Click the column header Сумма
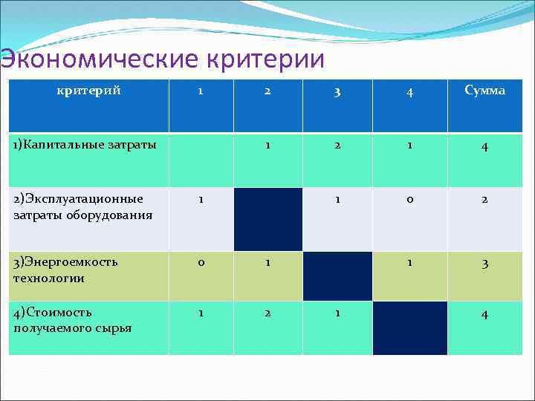point(484,91)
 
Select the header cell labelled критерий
point(89,91)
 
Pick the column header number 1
point(200,91)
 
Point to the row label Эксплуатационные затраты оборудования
point(82,207)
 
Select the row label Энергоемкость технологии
point(65,270)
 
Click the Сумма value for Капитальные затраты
point(484,147)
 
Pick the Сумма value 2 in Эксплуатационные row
point(484,200)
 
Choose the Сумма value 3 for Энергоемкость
point(484,264)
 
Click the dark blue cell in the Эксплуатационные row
point(268,219)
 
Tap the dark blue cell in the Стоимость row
point(410,327)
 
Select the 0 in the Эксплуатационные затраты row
point(410,200)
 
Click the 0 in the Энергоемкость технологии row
point(200,262)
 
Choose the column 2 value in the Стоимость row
point(268,313)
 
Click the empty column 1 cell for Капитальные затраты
point(200,160)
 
